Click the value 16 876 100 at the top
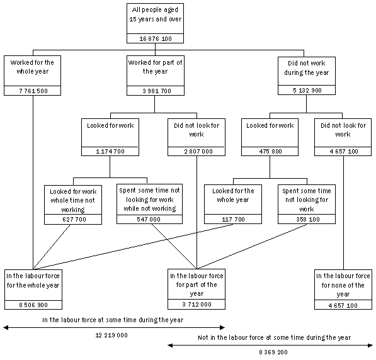point(154,39)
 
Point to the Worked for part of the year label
point(154,67)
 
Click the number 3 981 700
point(154,91)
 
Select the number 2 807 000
point(197,152)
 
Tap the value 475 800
point(270,152)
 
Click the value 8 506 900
point(33,305)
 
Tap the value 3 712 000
point(197,305)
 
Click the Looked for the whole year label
point(232,194)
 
